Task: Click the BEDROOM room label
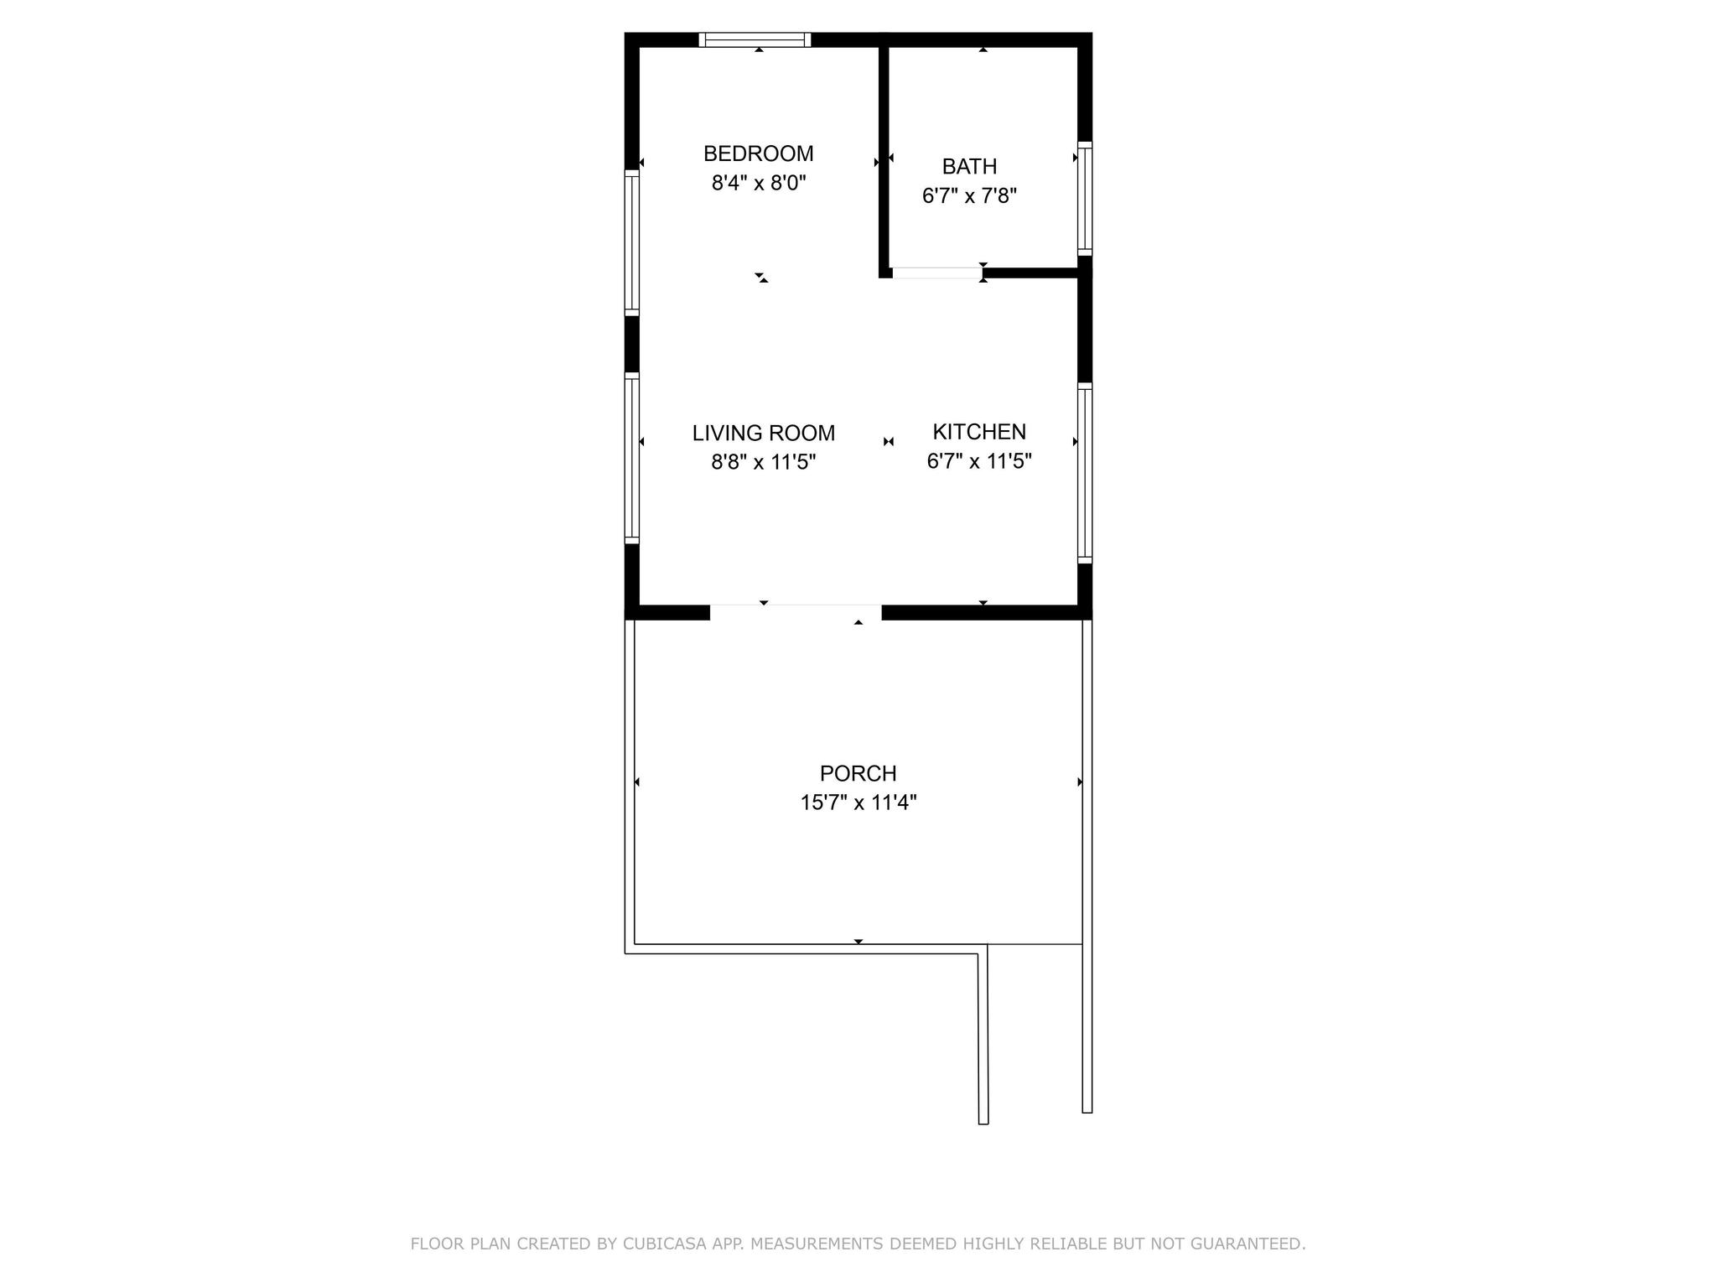[758, 153]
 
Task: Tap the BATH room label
[969, 166]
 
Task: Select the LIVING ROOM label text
[763, 433]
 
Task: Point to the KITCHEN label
[979, 431]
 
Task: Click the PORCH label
[858, 772]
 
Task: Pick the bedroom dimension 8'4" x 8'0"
[758, 183]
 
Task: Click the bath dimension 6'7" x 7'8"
[969, 195]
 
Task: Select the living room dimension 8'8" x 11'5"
[763, 462]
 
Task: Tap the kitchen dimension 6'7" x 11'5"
[979, 460]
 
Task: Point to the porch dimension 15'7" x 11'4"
[858, 802]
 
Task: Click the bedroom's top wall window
[755, 39]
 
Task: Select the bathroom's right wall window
[1084, 199]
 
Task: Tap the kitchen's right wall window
[1084, 473]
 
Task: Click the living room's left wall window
[632, 458]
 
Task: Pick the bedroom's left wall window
[632, 243]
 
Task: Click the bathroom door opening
[936, 273]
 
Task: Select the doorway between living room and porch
[796, 612]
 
